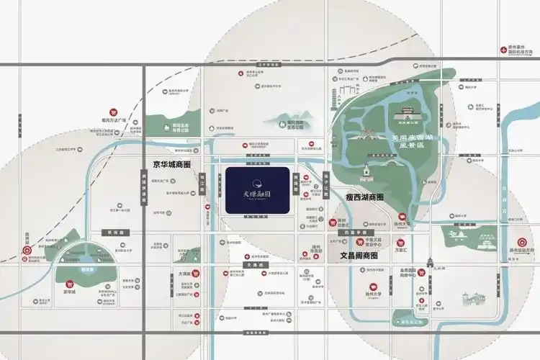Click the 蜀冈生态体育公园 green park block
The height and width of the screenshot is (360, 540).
[x=173, y=125]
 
